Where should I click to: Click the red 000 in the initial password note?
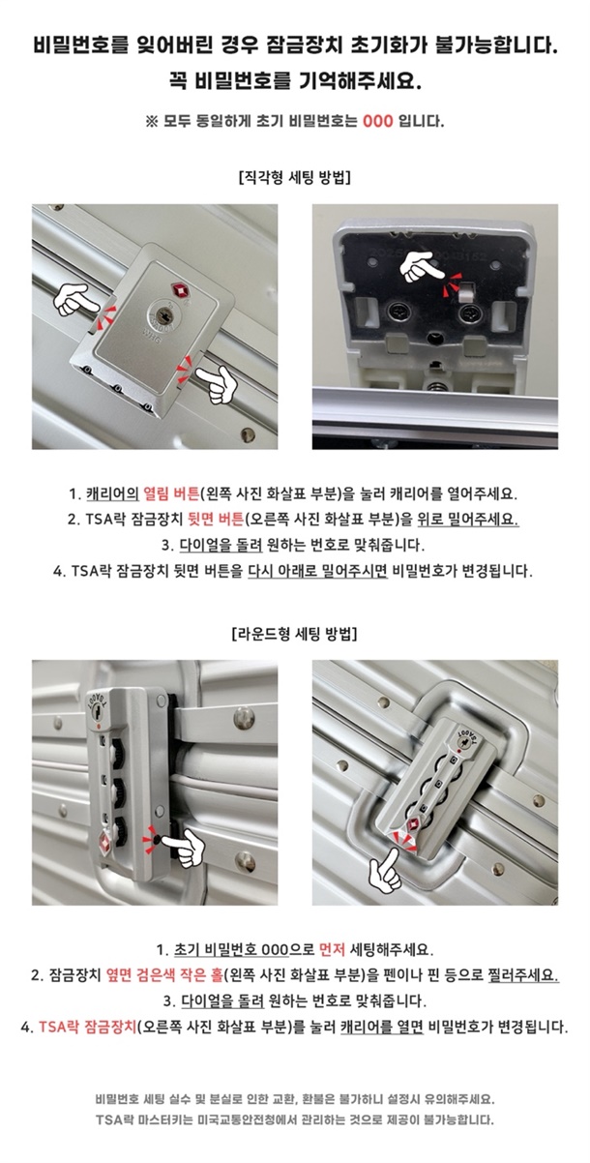(x=378, y=122)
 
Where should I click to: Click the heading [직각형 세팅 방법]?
(x=295, y=178)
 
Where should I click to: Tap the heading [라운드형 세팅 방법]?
(x=295, y=634)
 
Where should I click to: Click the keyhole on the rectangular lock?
(x=165, y=314)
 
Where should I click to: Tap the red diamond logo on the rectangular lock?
(x=179, y=289)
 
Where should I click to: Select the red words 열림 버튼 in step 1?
(x=171, y=493)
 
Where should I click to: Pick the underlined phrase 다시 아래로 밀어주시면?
(x=317, y=571)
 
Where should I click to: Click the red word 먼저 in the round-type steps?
(x=332, y=950)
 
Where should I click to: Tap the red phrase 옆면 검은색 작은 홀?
(x=164, y=975)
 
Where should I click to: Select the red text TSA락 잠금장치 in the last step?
(x=88, y=1027)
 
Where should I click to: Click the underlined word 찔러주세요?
(x=523, y=975)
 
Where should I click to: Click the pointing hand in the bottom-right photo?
(x=385, y=870)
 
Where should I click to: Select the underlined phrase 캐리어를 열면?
(x=382, y=1027)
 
